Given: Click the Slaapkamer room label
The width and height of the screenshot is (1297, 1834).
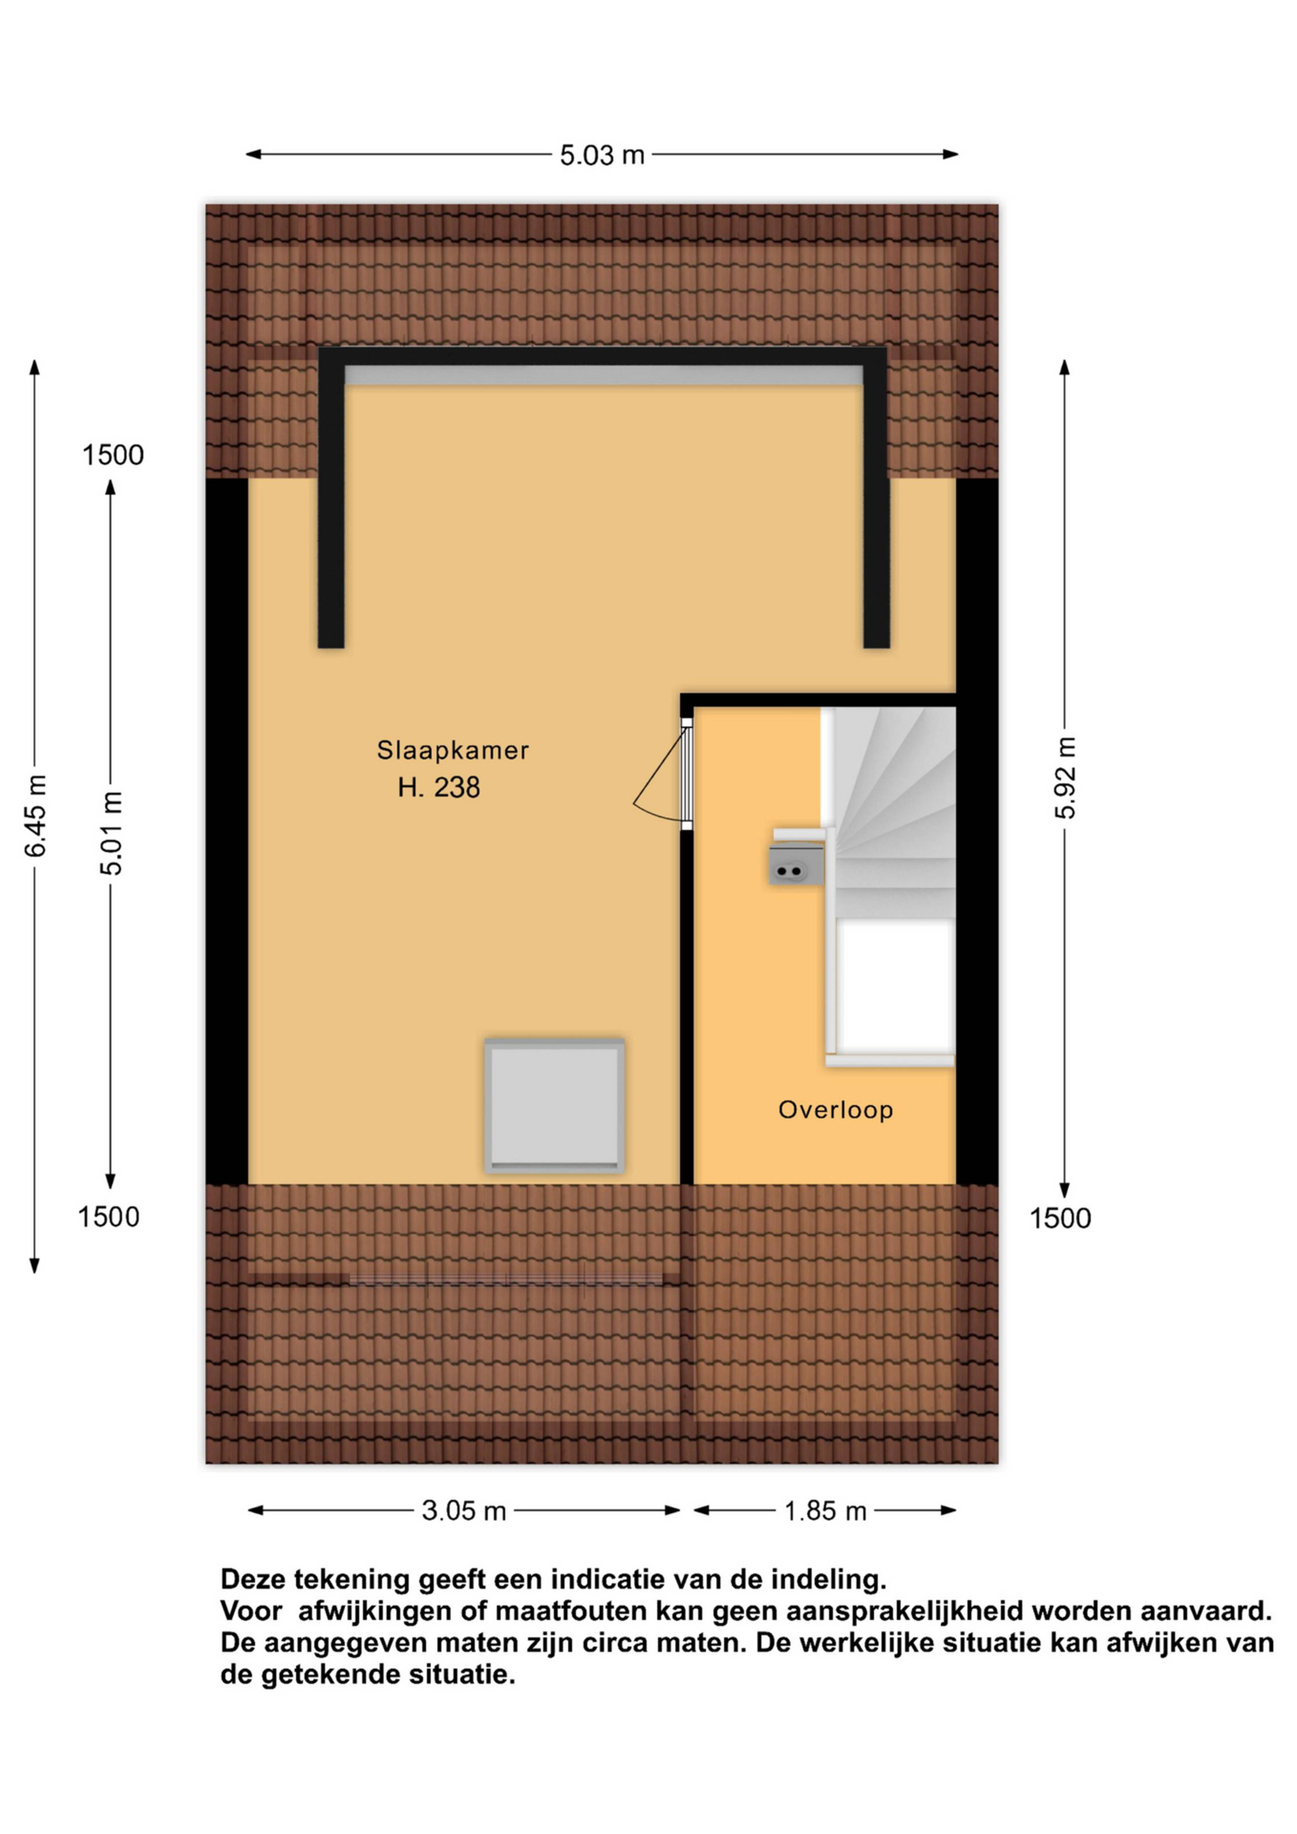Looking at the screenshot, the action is (453, 750).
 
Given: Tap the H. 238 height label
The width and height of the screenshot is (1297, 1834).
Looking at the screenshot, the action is (439, 787).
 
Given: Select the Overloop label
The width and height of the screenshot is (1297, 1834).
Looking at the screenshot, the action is (835, 1109).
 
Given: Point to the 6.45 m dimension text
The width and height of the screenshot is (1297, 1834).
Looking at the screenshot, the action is (36, 815).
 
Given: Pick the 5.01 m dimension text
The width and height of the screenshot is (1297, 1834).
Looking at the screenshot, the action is (112, 833).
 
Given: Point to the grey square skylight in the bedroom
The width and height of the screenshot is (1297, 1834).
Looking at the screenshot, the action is (554, 1106).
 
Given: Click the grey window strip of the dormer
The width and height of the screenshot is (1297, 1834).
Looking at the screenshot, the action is (604, 375).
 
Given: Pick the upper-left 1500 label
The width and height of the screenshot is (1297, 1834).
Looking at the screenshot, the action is (113, 455).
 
